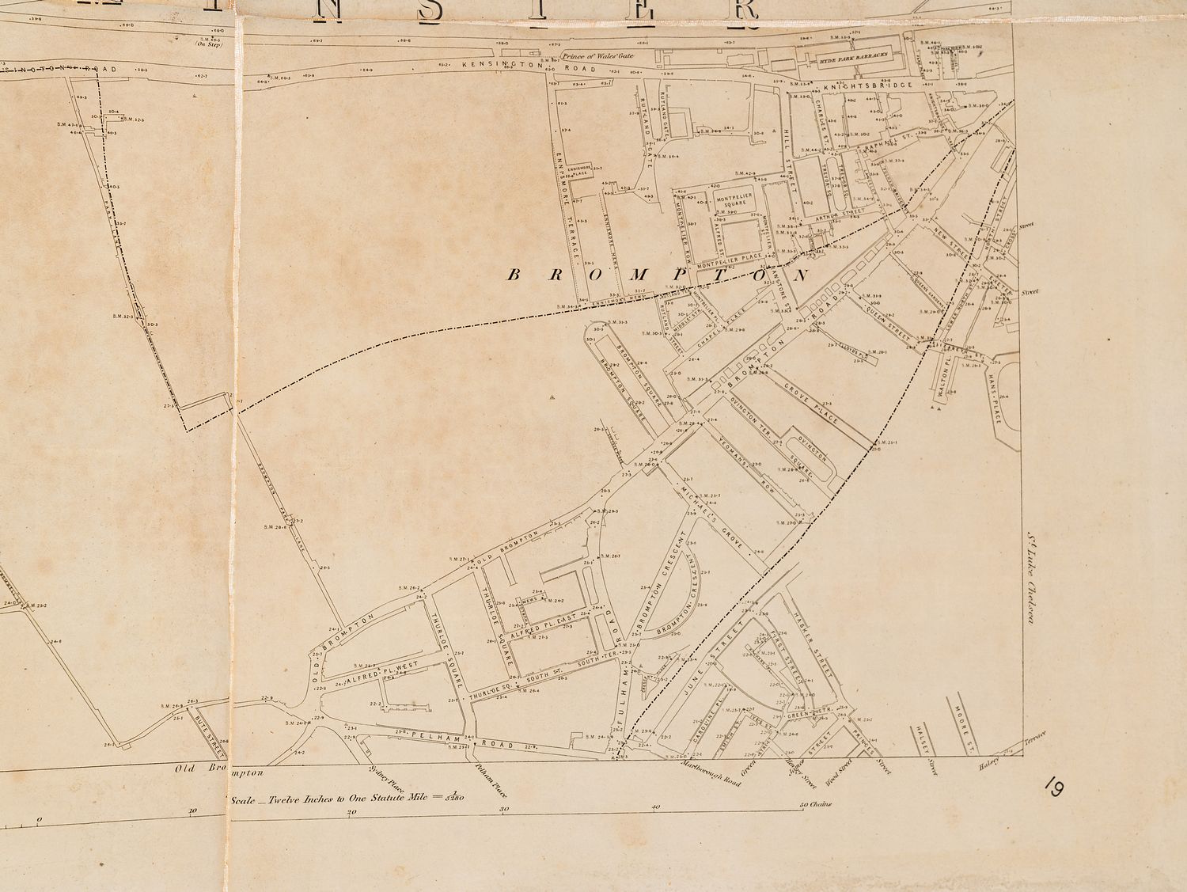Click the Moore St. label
963,725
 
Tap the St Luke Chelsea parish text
1031,578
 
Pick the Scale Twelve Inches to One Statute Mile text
348,798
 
